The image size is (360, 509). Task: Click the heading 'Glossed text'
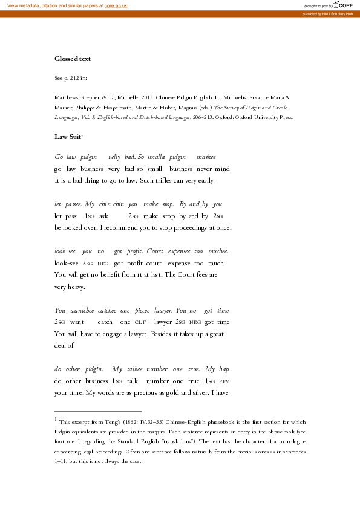[73, 59]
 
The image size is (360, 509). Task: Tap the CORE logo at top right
[342, 5]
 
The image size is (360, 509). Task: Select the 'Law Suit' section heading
[68, 137]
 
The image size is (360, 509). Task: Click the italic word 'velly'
[114, 157]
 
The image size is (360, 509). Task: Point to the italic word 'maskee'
[206, 157]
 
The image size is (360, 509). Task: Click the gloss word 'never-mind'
[214, 168]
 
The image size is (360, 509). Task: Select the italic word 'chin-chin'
[111, 204]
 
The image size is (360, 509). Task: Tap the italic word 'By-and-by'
[193, 204]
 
